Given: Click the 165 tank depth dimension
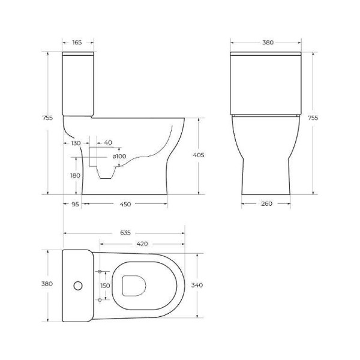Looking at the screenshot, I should [x=77, y=43].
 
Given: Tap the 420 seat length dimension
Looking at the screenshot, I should [x=142, y=244].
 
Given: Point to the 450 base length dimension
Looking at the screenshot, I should [x=125, y=204].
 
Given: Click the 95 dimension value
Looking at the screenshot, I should [x=75, y=204].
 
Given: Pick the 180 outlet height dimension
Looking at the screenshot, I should [x=74, y=175].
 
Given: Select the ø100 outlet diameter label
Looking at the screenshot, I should [x=119, y=157].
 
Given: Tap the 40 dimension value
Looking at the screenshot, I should [x=108, y=142].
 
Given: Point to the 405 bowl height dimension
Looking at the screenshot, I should [x=199, y=155].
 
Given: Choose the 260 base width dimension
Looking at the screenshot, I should [x=267, y=204].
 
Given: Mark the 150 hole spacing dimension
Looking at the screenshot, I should [x=105, y=286].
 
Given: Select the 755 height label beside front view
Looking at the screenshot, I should [x=312, y=118].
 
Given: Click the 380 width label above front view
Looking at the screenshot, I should [x=268, y=43].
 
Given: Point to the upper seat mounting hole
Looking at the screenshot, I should [x=100, y=272].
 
